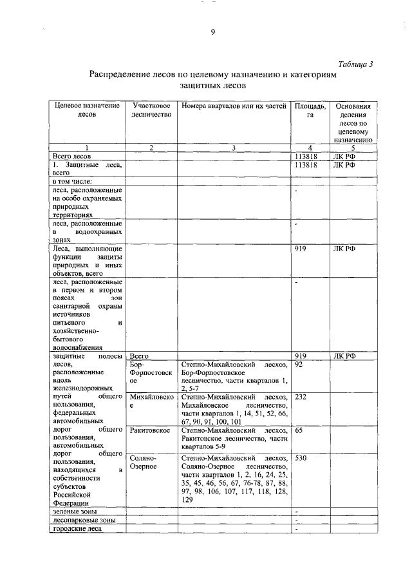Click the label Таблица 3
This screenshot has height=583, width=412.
click(x=355, y=63)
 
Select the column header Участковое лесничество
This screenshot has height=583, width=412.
click(x=151, y=110)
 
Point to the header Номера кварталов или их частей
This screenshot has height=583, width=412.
click(x=233, y=106)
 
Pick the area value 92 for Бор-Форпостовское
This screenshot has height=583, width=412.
click(x=298, y=365)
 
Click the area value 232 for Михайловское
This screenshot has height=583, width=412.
click(x=301, y=397)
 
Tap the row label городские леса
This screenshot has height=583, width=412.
click(x=77, y=529)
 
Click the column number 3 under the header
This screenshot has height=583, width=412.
click(x=234, y=148)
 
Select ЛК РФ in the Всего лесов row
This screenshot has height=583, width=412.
click(x=344, y=156)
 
